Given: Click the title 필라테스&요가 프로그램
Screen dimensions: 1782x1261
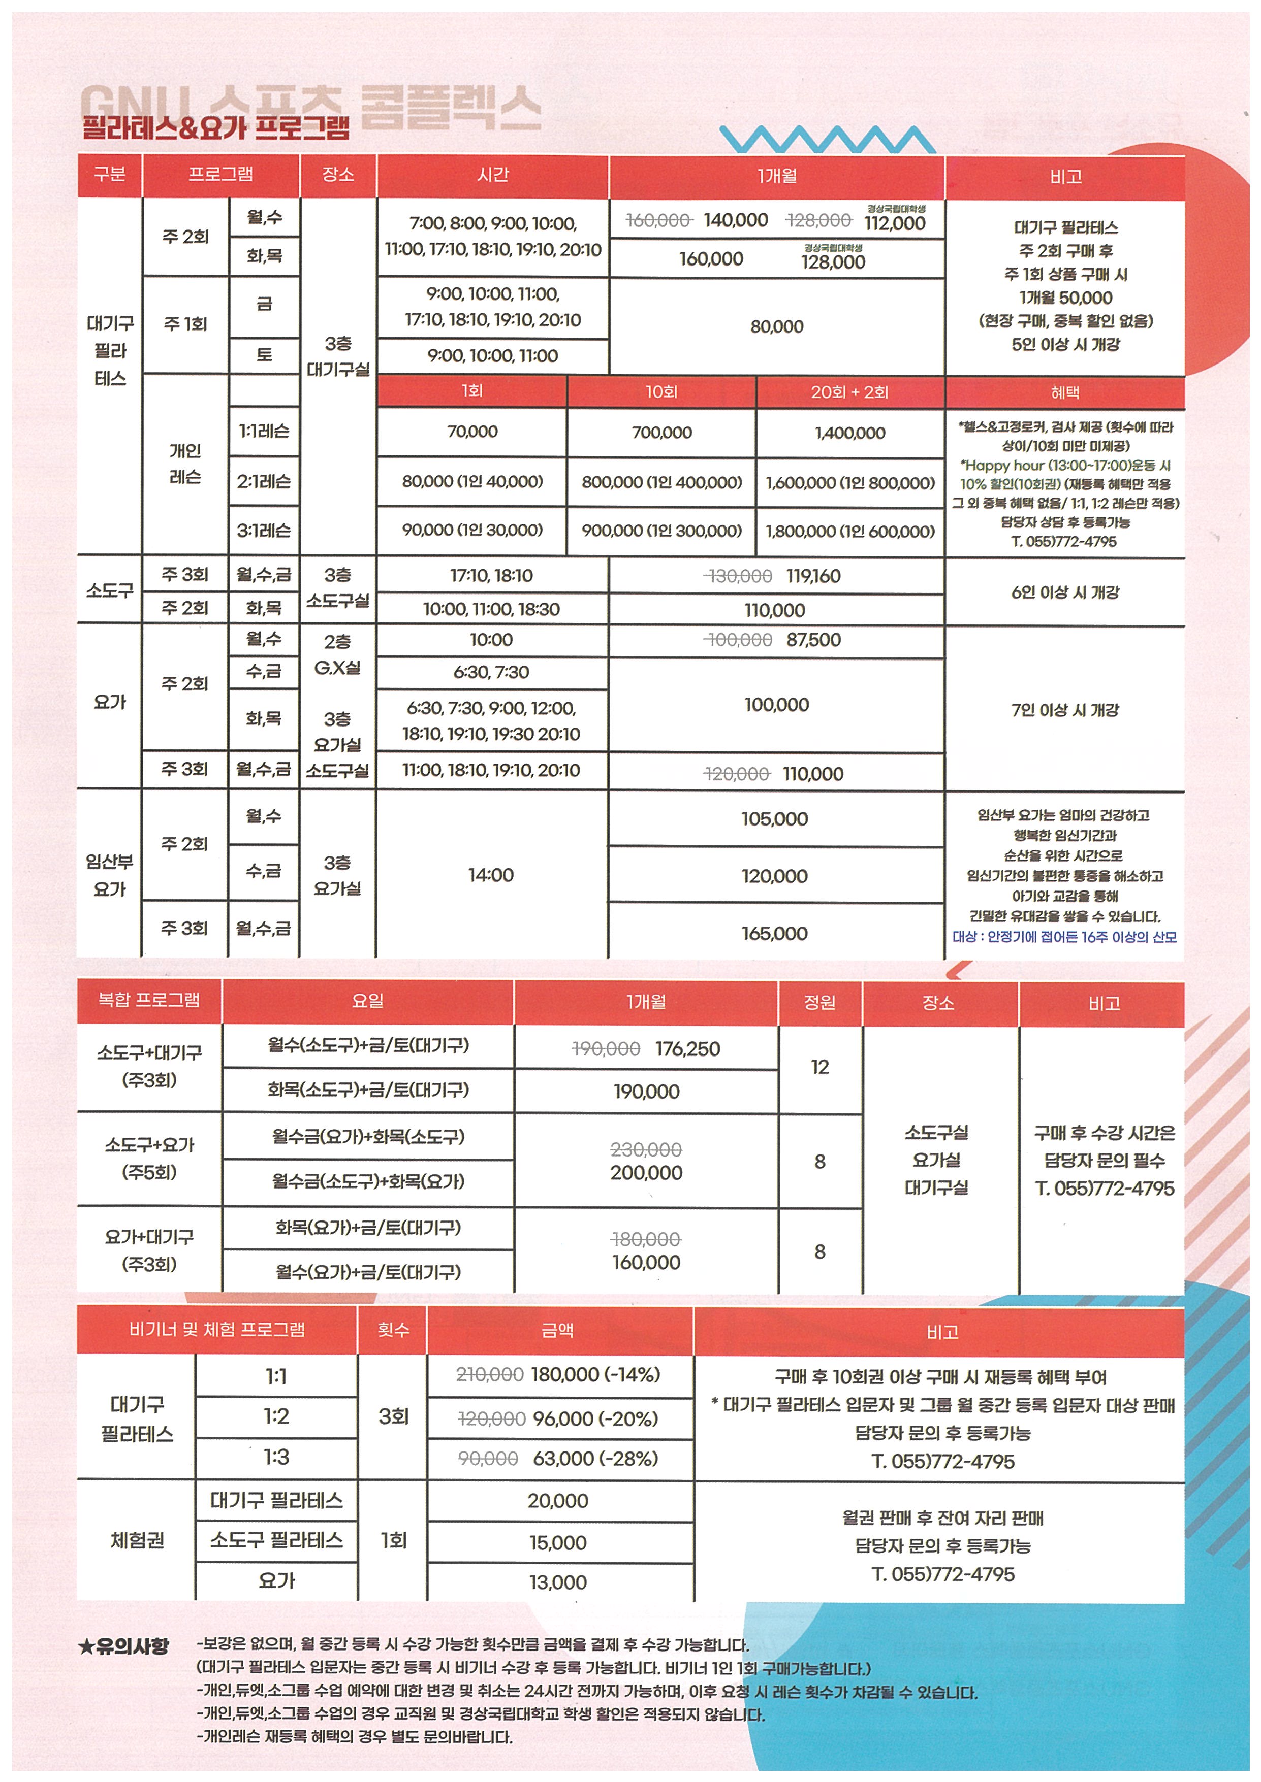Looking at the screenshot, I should (216, 126).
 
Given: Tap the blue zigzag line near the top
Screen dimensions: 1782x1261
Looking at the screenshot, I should (828, 140).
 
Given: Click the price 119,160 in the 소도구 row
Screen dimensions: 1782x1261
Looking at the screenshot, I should (813, 576).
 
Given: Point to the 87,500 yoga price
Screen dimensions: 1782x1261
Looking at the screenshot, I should (813, 640).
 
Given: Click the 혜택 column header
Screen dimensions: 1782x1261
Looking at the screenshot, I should (1064, 393).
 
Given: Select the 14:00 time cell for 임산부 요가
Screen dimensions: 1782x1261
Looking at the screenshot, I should (491, 875).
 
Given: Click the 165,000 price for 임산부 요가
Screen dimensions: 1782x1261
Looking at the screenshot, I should (774, 934).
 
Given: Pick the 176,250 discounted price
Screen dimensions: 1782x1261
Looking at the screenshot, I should (687, 1049).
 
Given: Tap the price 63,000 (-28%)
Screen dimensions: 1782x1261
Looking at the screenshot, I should (595, 1459).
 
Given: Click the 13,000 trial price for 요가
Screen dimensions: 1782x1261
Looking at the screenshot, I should (557, 1582).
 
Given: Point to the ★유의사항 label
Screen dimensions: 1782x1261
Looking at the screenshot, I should (124, 1646).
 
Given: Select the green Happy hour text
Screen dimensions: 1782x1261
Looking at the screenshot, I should (1064, 466).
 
